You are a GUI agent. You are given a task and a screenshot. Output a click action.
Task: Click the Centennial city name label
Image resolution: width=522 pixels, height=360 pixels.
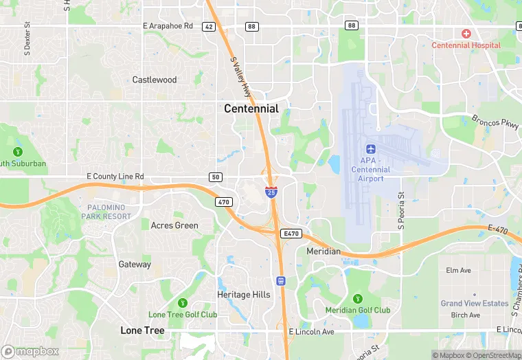click(x=251, y=109)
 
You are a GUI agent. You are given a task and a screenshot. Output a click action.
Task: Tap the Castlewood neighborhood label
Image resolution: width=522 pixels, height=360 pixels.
click(x=155, y=80)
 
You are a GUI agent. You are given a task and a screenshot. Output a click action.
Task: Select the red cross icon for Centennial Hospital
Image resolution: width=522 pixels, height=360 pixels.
click(x=466, y=34)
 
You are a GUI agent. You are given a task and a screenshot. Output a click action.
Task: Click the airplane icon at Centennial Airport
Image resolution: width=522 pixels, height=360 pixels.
click(x=371, y=149)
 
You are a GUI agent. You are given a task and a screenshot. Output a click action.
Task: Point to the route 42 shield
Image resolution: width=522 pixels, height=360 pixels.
click(x=208, y=26)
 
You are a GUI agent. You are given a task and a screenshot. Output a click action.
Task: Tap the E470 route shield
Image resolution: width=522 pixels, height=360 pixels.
click(x=290, y=234)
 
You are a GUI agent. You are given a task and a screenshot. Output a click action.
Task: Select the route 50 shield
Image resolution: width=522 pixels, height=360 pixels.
click(x=216, y=177)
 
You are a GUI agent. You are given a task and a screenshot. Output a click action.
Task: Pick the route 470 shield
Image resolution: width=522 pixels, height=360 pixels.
click(x=223, y=202)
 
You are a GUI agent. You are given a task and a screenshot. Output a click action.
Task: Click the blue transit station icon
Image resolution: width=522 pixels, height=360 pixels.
click(x=280, y=280)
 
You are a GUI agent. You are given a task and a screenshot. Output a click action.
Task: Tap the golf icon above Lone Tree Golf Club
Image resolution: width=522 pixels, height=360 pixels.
click(x=183, y=302)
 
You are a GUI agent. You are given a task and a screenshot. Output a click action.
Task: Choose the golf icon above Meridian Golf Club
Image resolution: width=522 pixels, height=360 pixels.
click(x=357, y=298)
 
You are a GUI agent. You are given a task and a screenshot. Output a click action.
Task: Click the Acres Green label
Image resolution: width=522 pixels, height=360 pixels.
click(x=174, y=225)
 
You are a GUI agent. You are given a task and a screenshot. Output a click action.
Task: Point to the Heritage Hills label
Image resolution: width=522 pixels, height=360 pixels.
click(x=244, y=295)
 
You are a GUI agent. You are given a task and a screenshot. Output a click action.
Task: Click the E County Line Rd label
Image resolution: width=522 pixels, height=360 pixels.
click(x=115, y=177)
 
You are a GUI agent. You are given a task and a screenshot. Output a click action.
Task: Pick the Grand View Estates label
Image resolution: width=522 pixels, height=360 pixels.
click(x=475, y=303)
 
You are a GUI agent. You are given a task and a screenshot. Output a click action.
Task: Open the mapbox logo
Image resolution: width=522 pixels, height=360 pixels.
click(x=30, y=351)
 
